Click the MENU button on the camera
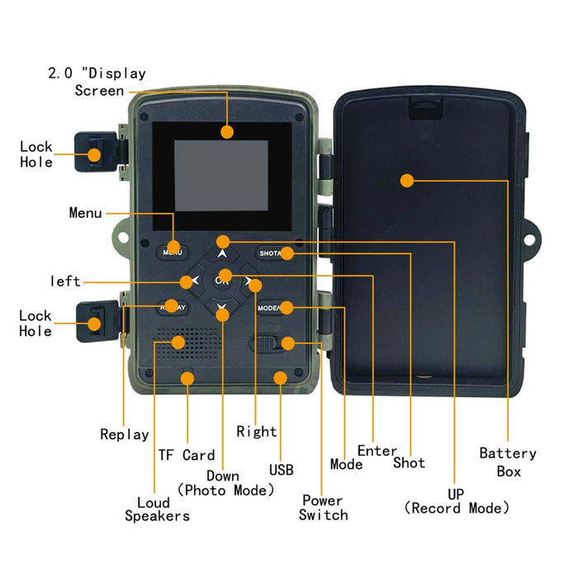click(x=173, y=252)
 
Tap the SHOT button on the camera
click(x=274, y=253)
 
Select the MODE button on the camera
click(x=272, y=308)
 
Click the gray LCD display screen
click(x=220, y=174)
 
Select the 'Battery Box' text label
click(x=508, y=462)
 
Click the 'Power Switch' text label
click(x=323, y=508)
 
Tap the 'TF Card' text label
click(x=187, y=455)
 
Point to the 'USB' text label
click(x=281, y=471)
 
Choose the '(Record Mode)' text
click(x=456, y=509)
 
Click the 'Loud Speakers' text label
click(x=157, y=509)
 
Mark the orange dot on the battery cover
click(x=406, y=180)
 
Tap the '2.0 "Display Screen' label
click(x=97, y=82)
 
